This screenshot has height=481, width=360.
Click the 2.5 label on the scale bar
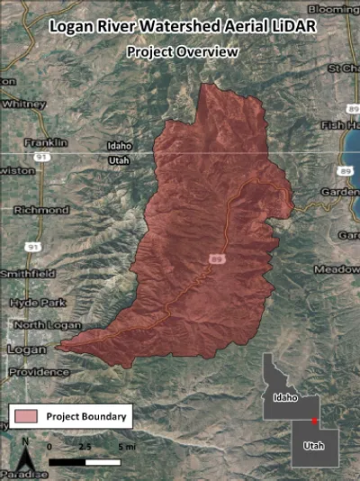pyautogui.click(x=86, y=446)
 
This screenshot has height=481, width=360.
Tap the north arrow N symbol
pyautogui.click(x=25, y=441)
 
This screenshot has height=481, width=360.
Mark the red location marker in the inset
pyautogui.click(x=313, y=421)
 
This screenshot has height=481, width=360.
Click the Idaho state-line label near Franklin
pyautogui.click(x=119, y=145)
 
